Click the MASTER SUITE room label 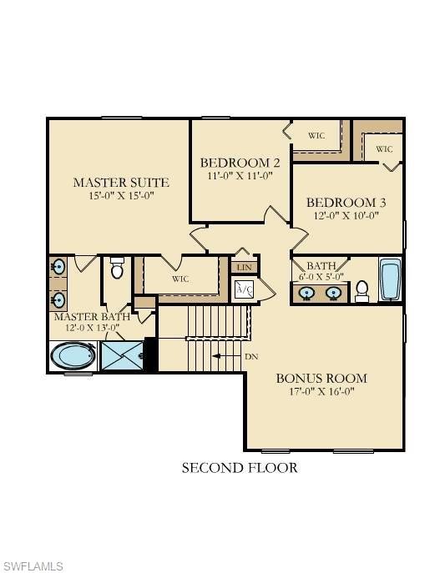tap(121, 182)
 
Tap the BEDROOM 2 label tap(240, 163)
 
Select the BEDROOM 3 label tap(346, 202)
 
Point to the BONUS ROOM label tap(321, 378)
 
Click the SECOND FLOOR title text tap(240, 468)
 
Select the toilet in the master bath tap(117, 269)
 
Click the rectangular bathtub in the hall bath tap(391, 281)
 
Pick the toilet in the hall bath tap(362, 289)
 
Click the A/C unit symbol tap(245, 289)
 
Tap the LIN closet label tap(244, 267)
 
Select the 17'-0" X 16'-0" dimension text tap(321, 391)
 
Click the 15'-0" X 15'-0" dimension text tap(121, 196)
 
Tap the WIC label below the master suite tap(180, 279)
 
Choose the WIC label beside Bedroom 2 tap(316, 135)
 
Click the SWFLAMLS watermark tap(33, 566)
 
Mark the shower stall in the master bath tap(123, 356)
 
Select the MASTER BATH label tap(92, 317)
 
